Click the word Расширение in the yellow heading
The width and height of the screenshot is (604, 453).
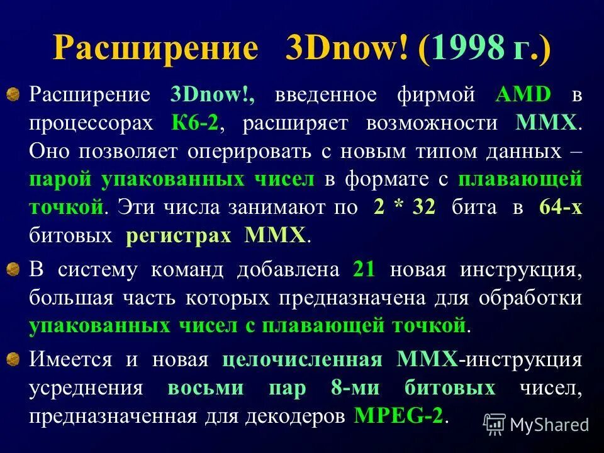(x=155, y=48)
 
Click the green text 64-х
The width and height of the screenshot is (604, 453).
(x=561, y=208)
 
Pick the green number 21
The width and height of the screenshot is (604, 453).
(x=365, y=269)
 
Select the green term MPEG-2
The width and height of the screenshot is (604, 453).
(x=399, y=416)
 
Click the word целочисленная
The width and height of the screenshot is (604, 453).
(x=302, y=359)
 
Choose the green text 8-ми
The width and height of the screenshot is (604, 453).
(x=355, y=388)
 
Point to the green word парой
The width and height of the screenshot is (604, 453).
(x=59, y=179)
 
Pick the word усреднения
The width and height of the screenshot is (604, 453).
(x=85, y=388)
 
